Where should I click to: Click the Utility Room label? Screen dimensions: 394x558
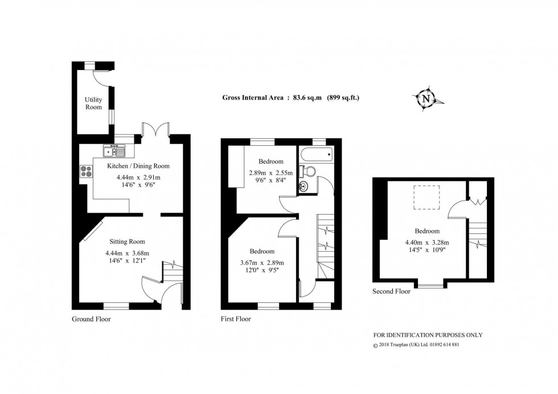click(x=93, y=103)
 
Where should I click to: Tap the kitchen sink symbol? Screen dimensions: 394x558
click(x=114, y=151)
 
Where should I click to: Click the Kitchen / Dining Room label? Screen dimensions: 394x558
click(x=138, y=166)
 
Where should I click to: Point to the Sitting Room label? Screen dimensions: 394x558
click(x=127, y=241)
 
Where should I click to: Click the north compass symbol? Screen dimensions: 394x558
click(x=425, y=98)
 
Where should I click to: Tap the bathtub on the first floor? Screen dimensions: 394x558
click(x=317, y=154)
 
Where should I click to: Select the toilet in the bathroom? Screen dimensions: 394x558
click(x=309, y=171)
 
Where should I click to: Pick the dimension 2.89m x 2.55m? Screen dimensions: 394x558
click(x=270, y=173)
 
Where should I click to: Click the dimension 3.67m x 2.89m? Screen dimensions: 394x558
click(x=262, y=262)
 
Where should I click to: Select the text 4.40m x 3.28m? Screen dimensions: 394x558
click(x=426, y=241)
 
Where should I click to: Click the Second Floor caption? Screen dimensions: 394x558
click(x=391, y=291)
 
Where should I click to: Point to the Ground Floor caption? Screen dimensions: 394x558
click(x=91, y=319)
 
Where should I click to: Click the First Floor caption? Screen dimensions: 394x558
click(x=236, y=319)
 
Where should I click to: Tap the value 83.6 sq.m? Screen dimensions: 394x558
click(x=307, y=97)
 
